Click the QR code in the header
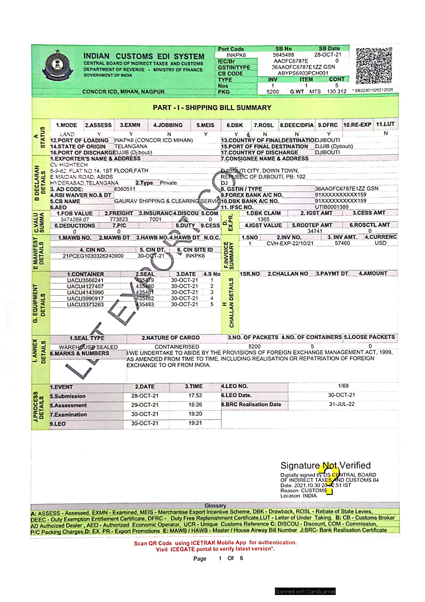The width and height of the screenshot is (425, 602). (x=374, y=66)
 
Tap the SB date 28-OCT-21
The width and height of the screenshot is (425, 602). (x=328, y=55)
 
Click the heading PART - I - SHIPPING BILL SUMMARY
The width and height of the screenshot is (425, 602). (x=212, y=108)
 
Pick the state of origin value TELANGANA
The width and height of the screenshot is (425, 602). (x=131, y=146)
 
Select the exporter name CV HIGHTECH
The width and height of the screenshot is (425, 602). (x=69, y=165)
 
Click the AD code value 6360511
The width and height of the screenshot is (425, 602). (x=125, y=189)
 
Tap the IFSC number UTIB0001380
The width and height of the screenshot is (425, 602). (x=331, y=207)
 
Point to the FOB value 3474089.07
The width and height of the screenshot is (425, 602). (x=75, y=219)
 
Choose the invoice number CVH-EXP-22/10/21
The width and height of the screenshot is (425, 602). (x=290, y=243)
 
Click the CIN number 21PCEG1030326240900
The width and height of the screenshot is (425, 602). (x=93, y=256)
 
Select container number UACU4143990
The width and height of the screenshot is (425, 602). (x=85, y=292)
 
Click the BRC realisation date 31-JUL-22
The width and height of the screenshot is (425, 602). (x=342, y=404)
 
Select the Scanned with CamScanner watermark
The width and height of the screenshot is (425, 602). (x=305, y=592)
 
